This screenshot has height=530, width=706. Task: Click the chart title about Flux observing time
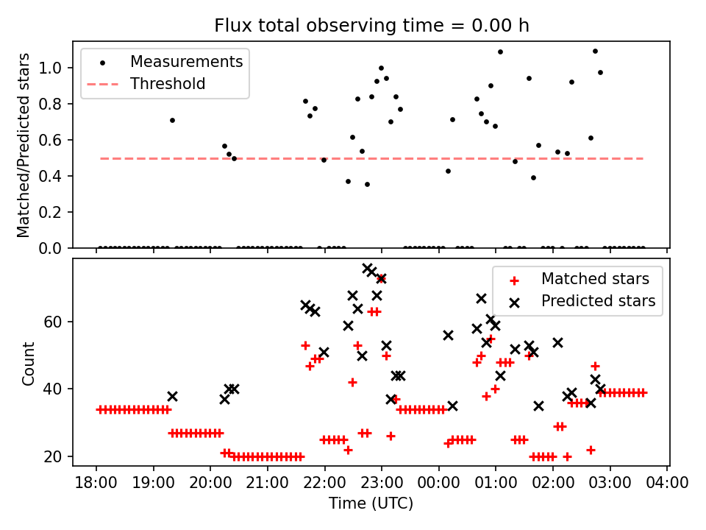[371, 26]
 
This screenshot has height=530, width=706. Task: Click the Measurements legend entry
[186, 62]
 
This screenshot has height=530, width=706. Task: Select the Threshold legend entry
[168, 84]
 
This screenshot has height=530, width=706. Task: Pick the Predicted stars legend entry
[598, 300]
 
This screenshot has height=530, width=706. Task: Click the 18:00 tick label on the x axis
[96, 484]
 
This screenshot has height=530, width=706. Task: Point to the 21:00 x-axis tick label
[267, 484]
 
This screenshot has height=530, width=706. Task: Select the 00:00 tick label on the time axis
[438, 484]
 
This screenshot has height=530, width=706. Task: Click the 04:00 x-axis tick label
[667, 484]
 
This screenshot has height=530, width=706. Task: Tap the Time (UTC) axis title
[371, 504]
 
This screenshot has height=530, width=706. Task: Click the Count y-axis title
[29, 364]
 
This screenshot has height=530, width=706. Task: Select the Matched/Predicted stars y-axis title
[24, 145]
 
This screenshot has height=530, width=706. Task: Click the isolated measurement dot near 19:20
[172, 120]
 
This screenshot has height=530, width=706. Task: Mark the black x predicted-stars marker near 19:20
[172, 396]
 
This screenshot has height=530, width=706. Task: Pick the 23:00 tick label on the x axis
[381, 484]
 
